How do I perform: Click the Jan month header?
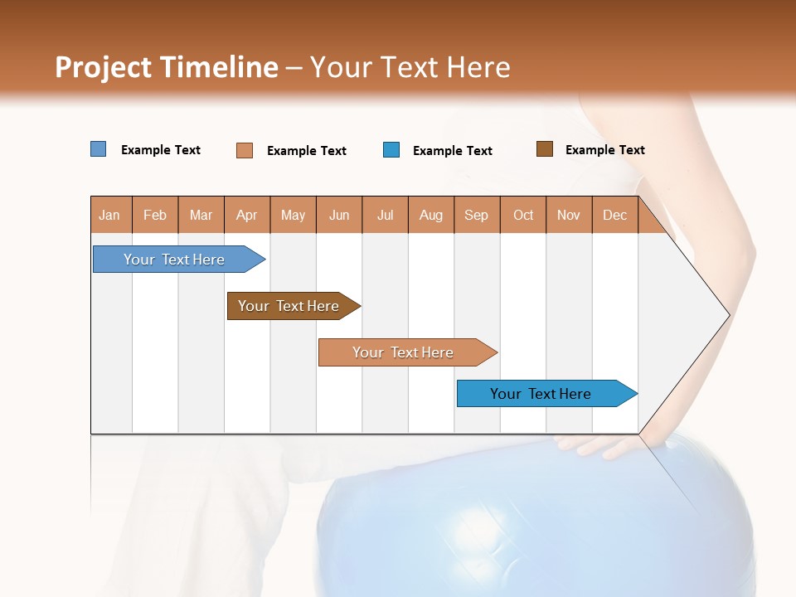110,215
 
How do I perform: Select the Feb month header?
155,215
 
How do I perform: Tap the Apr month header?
246,215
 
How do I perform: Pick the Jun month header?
339,215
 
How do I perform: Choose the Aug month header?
430,215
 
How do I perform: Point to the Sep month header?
476,215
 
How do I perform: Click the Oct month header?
523,215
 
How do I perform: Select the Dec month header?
614,215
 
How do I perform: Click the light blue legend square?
99,149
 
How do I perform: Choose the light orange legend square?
245,150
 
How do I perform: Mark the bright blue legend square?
391,150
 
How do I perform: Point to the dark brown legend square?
545,149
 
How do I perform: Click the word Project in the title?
103,67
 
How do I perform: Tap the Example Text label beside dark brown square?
604,150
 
